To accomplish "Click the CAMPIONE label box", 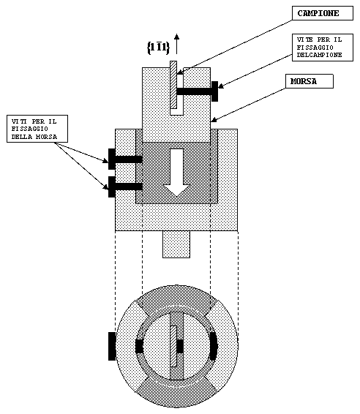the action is tap(323, 13).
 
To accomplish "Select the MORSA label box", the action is tap(310, 81).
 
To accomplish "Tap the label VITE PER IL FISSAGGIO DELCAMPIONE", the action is tap(323, 48).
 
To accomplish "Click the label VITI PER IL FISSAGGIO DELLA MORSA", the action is tap(37, 129).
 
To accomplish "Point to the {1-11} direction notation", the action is tap(158, 48).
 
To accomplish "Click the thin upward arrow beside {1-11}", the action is tap(176, 44).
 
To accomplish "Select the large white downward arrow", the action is tap(176, 173).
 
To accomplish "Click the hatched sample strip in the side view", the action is tap(173, 85).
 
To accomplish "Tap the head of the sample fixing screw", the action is tap(214, 91).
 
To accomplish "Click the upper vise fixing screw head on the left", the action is tap(112, 159).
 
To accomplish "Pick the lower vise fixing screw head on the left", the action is tap(112, 187).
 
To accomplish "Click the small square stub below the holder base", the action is tap(176, 244).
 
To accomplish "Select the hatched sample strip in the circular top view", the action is tap(173, 346).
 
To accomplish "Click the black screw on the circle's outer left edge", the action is tap(112, 346).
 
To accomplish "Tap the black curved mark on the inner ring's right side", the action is tap(214, 346).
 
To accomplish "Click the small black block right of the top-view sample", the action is tap(180, 346).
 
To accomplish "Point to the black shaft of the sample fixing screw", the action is tap(194, 91).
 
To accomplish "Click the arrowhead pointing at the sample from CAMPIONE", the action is tap(179, 72).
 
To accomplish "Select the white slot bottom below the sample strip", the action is tap(176, 112).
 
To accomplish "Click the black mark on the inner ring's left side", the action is tap(140, 346).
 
